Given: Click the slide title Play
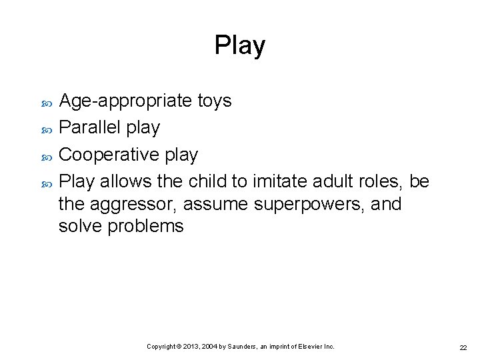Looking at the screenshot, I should (x=239, y=45).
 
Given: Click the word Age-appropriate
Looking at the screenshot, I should (x=127, y=101).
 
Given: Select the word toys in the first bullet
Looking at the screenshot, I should (x=215, y=101).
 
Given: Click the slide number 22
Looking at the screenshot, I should (x=462, y=347).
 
